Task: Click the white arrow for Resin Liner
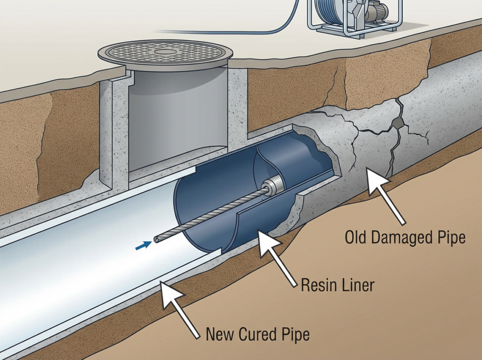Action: tap(278, 259)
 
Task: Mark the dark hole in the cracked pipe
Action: tap(398, 123)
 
